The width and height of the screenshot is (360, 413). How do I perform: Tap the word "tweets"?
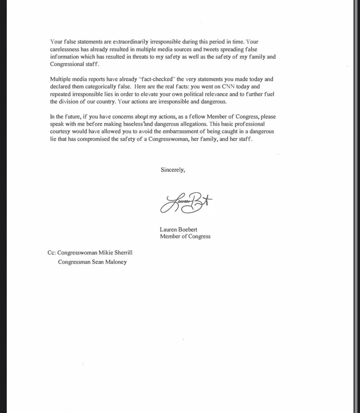pyautogui.click(x=211, y=50)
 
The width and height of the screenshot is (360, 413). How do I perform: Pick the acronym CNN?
pyautogui.click(x=228, y=87)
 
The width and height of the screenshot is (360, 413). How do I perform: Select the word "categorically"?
pyautogui.click(x=101, y=87)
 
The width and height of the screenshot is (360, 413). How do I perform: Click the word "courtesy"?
pyautogui.click(x=60, y=132)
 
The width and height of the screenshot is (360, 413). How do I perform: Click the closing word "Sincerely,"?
pyautogui.click(x=173, y=170)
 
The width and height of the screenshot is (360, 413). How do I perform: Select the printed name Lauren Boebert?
pyautogui.click(x=178, y=230)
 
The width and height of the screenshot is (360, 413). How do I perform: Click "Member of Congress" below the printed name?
pyautogui.click(x=185, y=237)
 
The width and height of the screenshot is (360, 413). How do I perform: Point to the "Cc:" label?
pyautogui.click(x=51, y=253)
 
